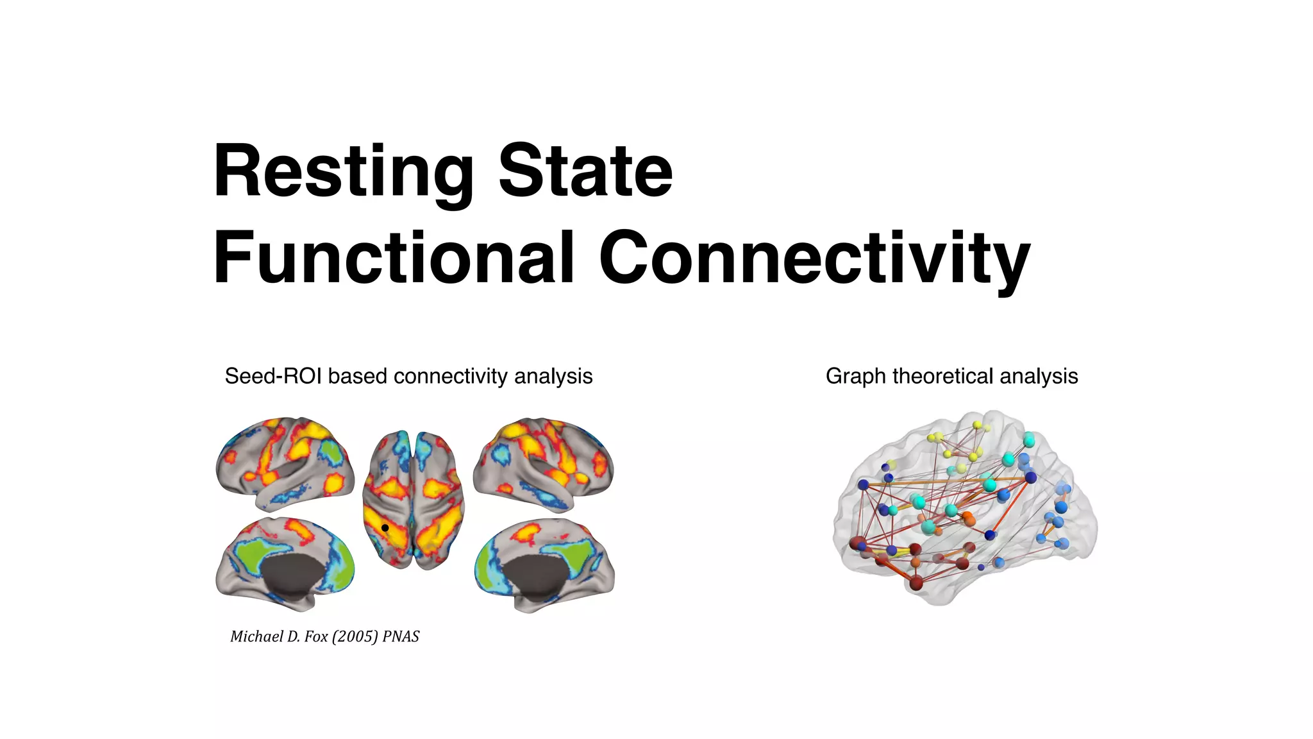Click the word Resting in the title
point(344,172)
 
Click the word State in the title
point(585,171)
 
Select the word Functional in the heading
point(393,258)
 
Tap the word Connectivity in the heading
point(814,258)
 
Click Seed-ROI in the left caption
point(274,376)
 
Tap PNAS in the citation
point(401,636)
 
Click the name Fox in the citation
point(316,636)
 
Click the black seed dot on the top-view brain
point(385,528)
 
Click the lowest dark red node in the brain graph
point(916,582)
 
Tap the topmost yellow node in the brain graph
point(977,425)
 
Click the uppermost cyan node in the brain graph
point(1028,440)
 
